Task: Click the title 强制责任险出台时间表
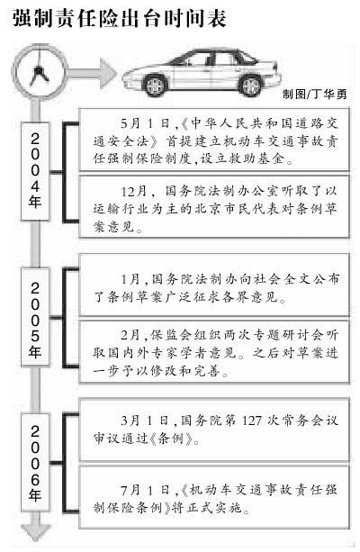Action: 120,17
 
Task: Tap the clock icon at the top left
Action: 39,72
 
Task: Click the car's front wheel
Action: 155,86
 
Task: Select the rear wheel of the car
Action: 250,86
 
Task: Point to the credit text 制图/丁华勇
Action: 314,94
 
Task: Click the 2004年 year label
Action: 35,171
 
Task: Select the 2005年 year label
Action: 35,320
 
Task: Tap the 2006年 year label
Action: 35,463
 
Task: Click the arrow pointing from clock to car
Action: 90,73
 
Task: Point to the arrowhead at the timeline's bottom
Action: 35,532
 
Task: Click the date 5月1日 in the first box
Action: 145,123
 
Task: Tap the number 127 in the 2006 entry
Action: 252,421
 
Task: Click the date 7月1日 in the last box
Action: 145,490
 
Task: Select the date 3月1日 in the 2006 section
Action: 145,421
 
